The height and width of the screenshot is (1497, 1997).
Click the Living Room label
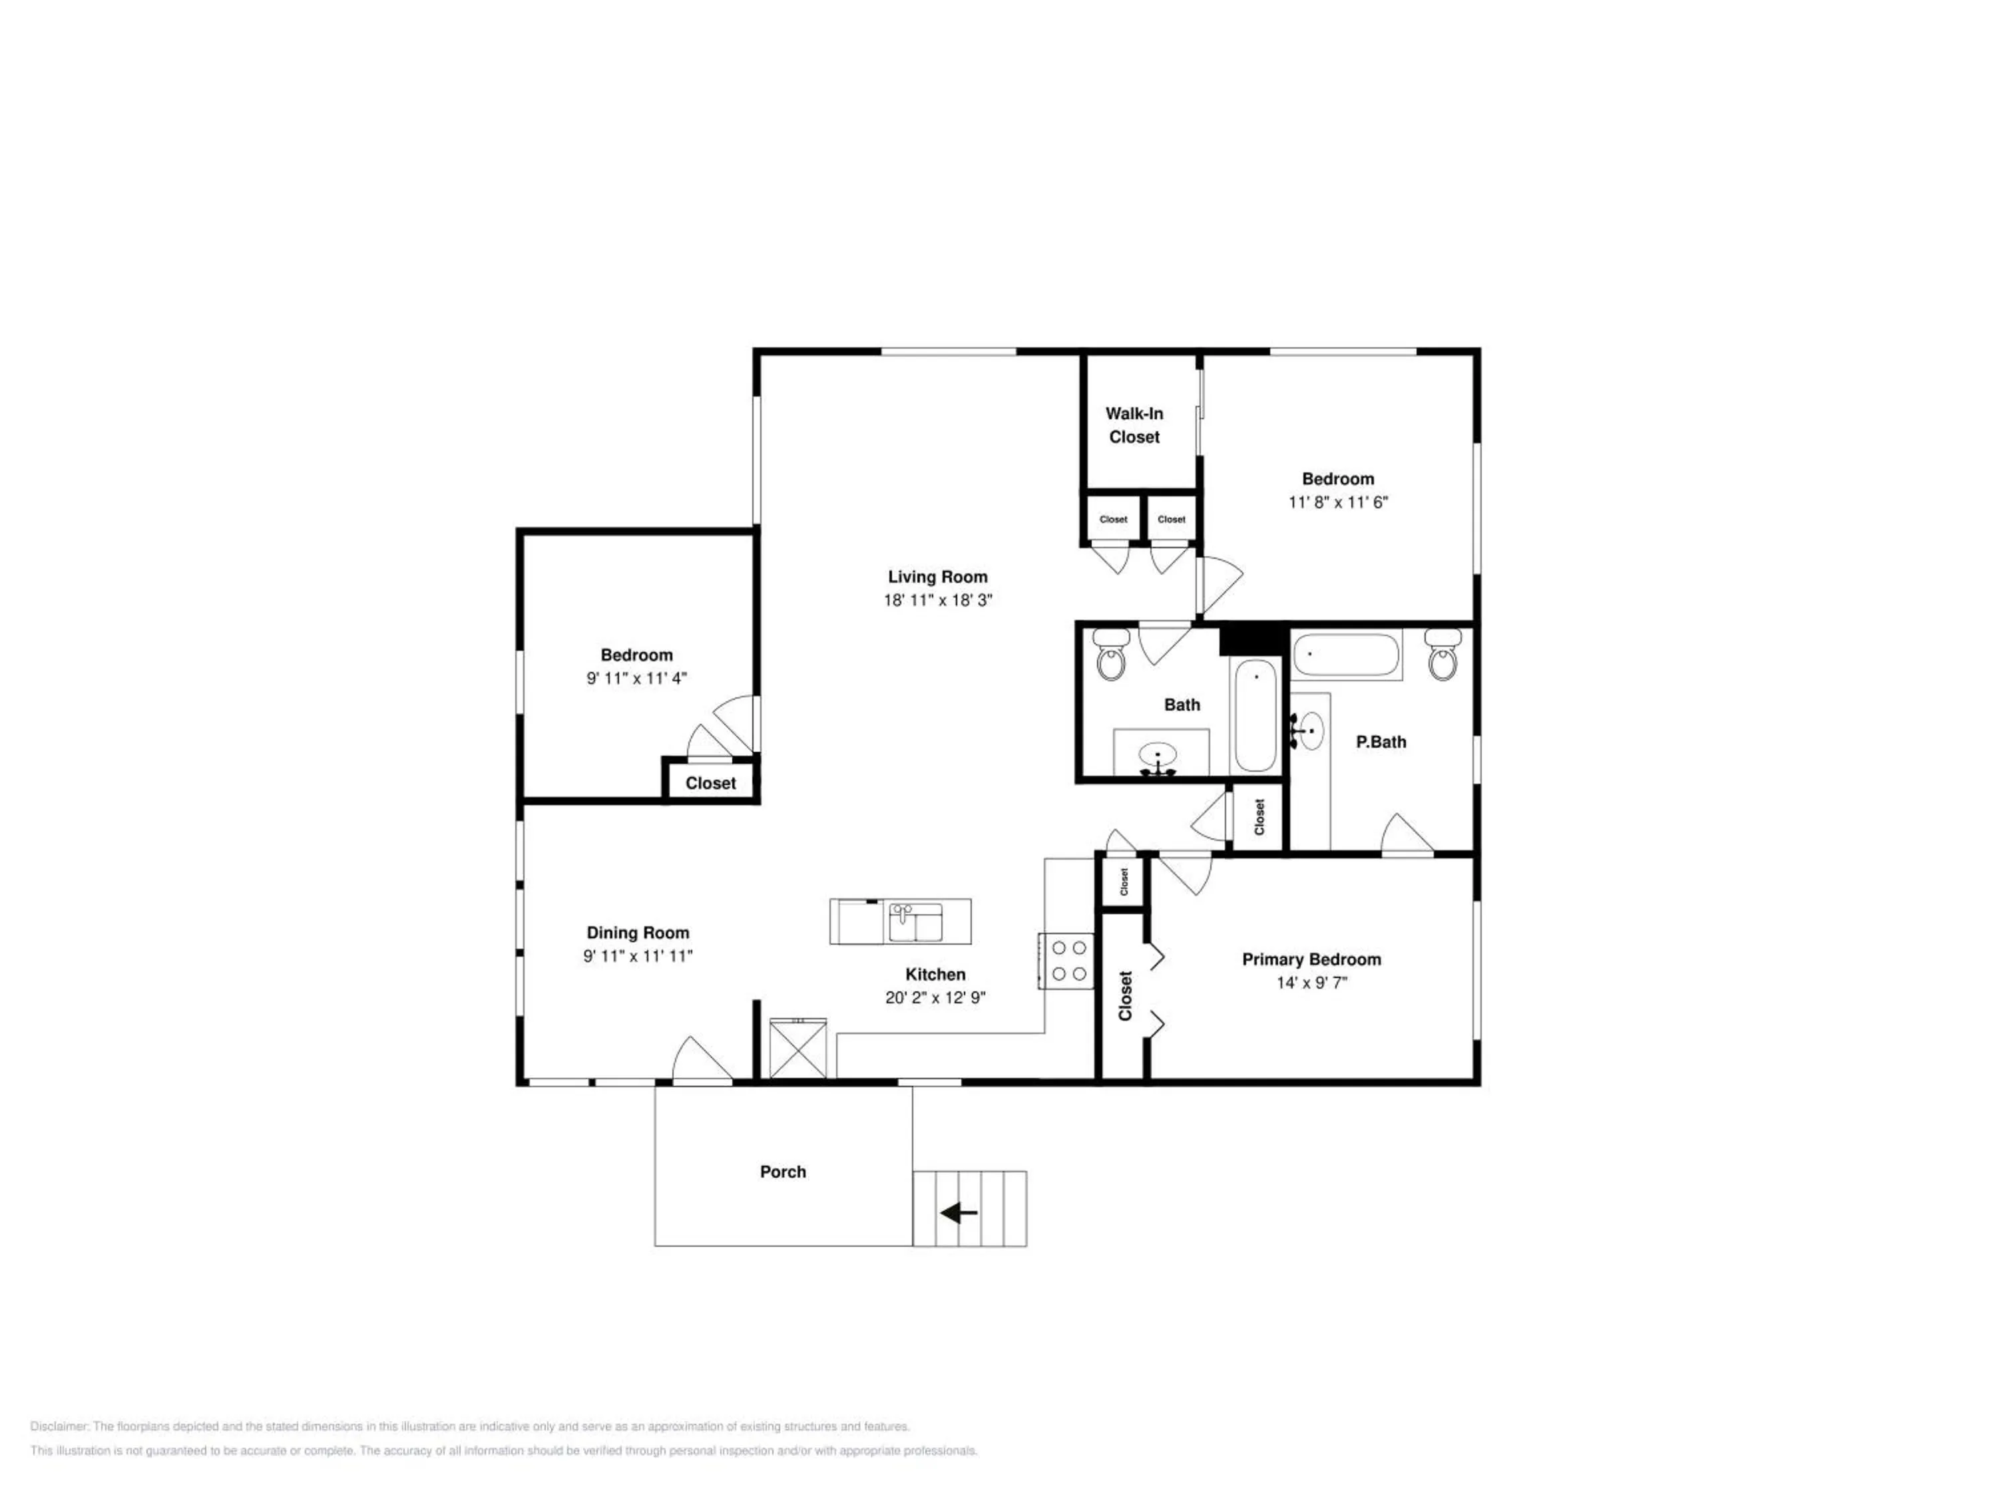[x=937, y=577]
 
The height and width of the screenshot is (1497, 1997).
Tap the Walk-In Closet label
[x=1134, y=425]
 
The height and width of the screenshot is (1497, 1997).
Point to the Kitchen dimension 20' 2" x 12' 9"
[x=935, y=997]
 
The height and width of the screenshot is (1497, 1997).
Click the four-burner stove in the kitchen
[x=1066, y=961]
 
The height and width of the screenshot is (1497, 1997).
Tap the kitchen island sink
[x=915, y=922]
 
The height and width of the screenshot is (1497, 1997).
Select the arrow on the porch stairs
[x=959, y=1213]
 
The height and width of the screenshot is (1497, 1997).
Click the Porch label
[x=783, y=1171]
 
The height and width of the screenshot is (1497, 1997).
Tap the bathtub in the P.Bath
[x=1345, y=655]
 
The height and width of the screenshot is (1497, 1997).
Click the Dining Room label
[x=638, y=933]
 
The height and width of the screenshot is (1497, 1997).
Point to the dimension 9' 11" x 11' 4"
[x=636, y=679]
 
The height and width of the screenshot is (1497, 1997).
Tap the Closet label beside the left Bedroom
[x=710, y=783]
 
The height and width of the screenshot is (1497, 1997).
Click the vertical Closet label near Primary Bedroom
[x=1125, y=996]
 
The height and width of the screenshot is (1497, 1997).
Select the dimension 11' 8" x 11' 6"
[x=1337, y=502]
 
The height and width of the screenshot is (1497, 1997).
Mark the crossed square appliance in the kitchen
[x=797, y=1048]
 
